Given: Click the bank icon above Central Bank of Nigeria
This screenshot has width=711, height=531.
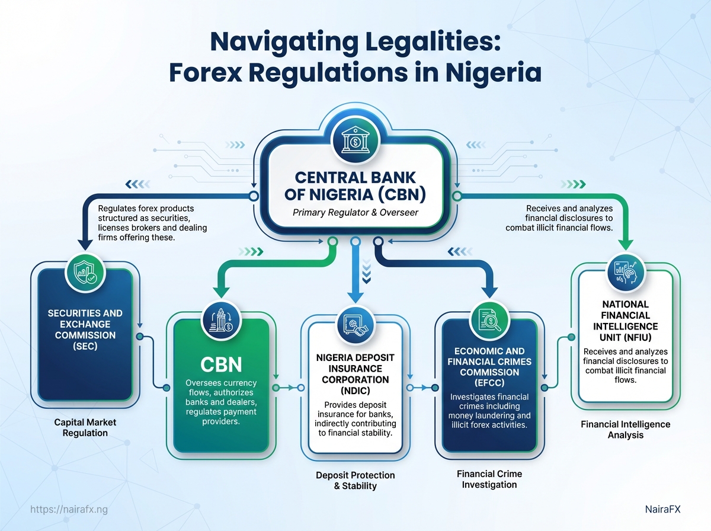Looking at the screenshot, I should point(355,142).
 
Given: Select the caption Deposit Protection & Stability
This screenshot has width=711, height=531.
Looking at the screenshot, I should point(355,481).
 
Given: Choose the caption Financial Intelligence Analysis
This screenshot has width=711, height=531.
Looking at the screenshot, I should point(625,430).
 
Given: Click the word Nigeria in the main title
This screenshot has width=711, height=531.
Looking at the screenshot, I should point(486,72).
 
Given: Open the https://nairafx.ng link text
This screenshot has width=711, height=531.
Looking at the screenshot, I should point(69,510).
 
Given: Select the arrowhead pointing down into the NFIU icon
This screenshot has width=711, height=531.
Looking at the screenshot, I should point(624,247).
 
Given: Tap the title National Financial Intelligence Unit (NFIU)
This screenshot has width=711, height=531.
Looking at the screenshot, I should point(624,321).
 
